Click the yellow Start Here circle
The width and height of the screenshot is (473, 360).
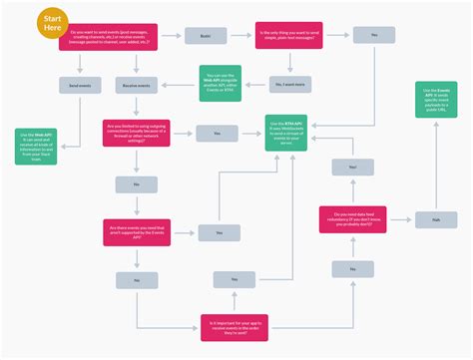point(52,23)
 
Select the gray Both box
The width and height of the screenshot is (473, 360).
point(204,36)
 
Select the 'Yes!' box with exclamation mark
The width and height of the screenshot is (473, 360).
point(352,169)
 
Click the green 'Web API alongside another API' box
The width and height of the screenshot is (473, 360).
point(218,80)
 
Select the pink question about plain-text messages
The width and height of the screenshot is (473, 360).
point(288,36)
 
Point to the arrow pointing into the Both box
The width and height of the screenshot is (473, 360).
point(172,37)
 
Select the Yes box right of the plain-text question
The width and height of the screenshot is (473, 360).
point(374,36)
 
